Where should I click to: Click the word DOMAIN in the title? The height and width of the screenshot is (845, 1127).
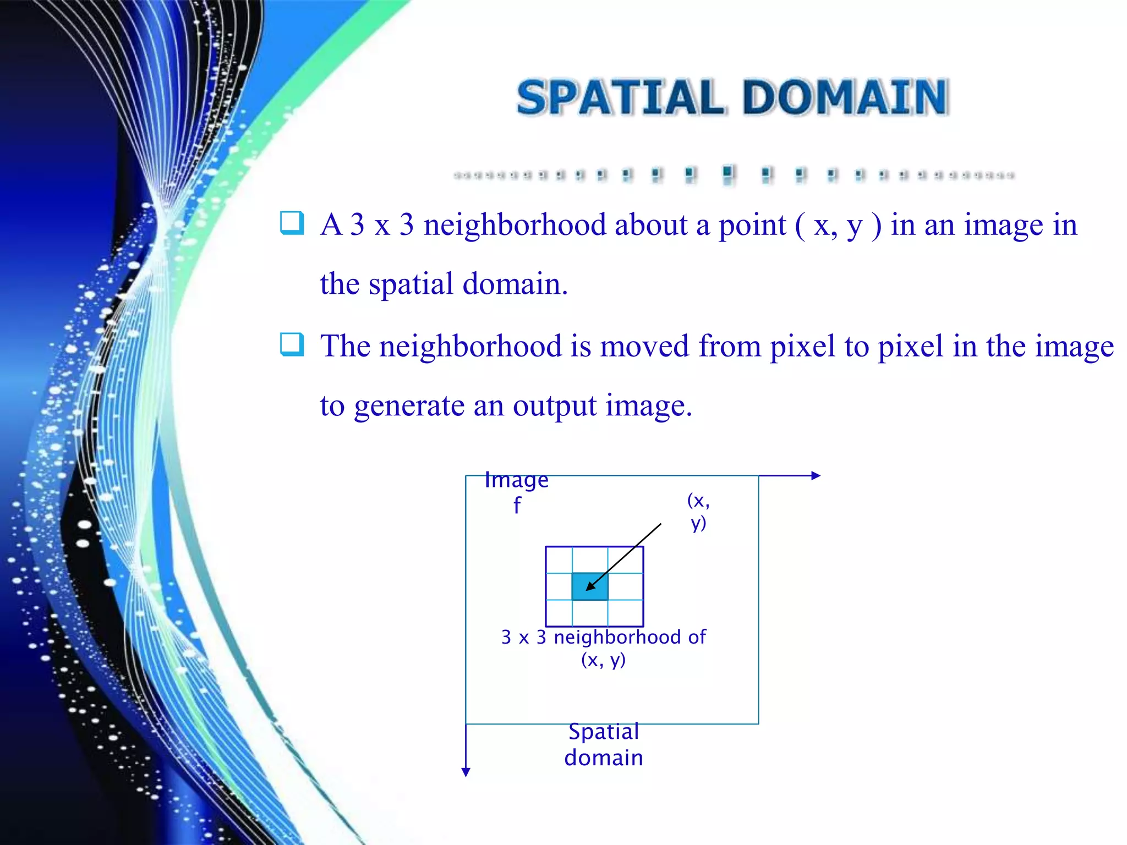click(846, 98)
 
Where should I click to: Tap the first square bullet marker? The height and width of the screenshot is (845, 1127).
click(292, 223)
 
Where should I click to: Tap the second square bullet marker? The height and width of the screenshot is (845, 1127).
click(292, 345)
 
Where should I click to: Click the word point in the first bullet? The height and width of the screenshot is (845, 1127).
click(752, 226)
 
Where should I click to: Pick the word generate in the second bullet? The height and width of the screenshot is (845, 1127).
click(409, 408)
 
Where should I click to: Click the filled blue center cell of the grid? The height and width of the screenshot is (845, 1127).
click(589, 586)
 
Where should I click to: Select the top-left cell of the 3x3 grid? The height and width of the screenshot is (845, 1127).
click(559, 560)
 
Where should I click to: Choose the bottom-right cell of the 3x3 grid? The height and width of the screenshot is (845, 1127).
click(626, 613)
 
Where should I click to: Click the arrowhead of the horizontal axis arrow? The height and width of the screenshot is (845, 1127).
click(816, 476)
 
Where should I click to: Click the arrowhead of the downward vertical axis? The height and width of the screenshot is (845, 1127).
click(466, 772)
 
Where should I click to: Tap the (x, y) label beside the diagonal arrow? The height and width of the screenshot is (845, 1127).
click(698, 512)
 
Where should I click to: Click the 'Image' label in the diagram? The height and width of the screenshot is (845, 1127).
click(516, 480)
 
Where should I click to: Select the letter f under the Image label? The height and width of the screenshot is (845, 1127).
click(517, 506)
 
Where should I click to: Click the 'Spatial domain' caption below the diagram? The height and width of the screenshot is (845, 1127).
click(604, 745)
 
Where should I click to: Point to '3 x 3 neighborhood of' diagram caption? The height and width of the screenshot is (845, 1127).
click(604, 637)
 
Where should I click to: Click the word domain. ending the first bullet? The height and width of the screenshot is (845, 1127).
click(515, 285)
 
